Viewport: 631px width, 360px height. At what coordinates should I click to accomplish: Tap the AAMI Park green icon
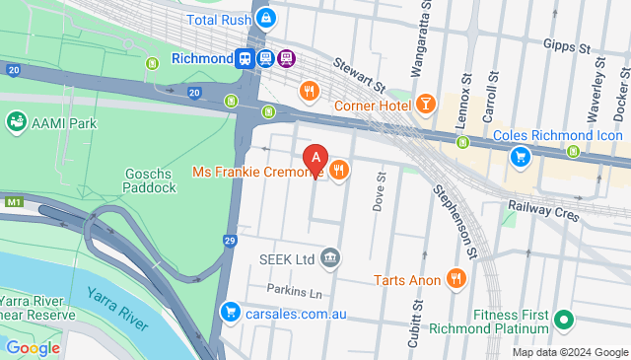point(16,122)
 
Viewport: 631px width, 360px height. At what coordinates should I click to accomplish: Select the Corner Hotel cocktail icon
point(425,105)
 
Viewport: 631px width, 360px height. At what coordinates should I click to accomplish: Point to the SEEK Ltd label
point(286,258)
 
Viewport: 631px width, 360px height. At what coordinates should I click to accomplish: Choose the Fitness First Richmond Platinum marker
point(563,320)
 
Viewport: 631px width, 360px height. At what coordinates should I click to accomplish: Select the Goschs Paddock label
point(149,181)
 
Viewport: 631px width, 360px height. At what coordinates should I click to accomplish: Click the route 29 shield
point(230,241)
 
